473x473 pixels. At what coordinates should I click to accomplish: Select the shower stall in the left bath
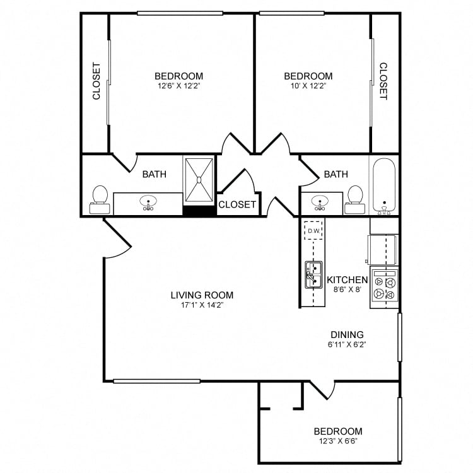pos(199,179)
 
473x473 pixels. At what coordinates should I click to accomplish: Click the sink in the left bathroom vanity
pos(149,203)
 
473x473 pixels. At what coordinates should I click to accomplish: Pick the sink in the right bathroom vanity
pos(320,203)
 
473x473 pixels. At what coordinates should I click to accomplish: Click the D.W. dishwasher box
pos(313,231)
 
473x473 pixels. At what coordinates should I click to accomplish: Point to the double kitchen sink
pos(313,274)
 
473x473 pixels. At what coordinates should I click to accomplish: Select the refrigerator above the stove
pos(383,249)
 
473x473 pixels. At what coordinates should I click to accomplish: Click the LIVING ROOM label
pos(202,295)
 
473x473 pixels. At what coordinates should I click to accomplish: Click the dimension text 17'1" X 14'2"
pos(202,305)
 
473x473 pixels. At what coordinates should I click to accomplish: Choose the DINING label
pos(347,335)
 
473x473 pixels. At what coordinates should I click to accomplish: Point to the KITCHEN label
pos(347,279)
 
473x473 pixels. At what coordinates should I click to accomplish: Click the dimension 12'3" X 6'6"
pos(338,442)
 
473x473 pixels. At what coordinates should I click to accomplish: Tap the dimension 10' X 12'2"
pos(308,86)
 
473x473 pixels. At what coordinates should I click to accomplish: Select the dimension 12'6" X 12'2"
pos(178,86)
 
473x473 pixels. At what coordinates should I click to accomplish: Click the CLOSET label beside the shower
pos(237,204)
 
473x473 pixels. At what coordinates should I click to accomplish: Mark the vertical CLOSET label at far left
pos(96,81)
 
